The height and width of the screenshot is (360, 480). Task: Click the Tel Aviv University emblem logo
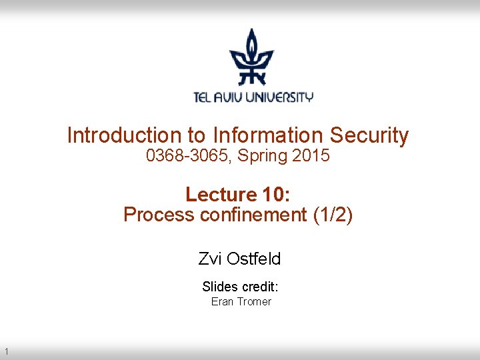(252, 57)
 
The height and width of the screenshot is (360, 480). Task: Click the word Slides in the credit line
(219, 287)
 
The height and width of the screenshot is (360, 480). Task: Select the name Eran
(222, 302)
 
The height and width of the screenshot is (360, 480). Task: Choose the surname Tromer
(253, 302)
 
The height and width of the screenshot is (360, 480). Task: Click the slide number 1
(5, 351)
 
